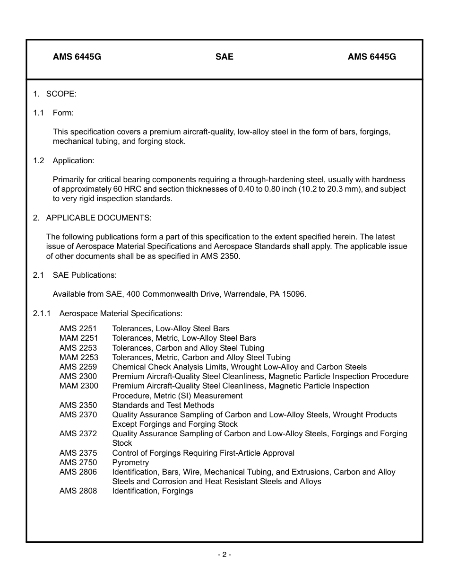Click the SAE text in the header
224,57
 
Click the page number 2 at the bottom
224,555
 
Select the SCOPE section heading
61,94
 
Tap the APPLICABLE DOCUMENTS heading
99,218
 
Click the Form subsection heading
63,113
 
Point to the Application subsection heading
73,160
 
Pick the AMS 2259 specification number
78,367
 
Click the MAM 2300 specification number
78,386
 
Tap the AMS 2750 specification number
78,462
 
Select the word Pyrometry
130,462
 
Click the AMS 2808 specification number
78,491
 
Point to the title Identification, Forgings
153,491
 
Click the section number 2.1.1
42,313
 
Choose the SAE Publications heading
85,275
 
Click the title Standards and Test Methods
163,405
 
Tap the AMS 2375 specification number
78,453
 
